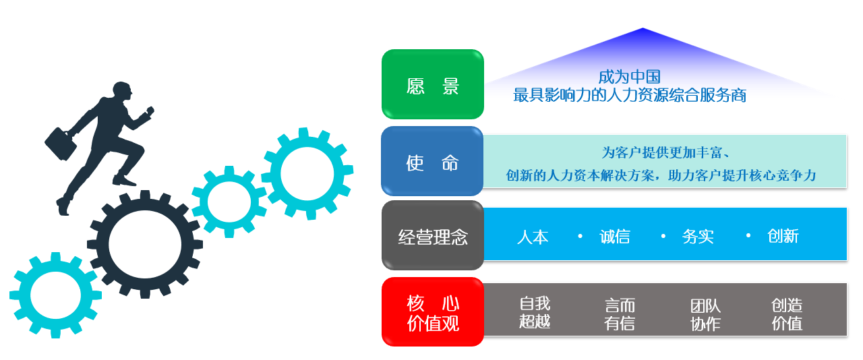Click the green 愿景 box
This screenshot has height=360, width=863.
coord(433,84)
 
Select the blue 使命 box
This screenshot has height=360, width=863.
coord(432,161)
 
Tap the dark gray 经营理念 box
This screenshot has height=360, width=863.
coord(433,236)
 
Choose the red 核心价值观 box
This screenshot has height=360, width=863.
coord(433,311)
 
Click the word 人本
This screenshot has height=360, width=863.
coord(533,237)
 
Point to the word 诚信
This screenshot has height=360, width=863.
coord(615,237)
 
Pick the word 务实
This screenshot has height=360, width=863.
coord(698,237)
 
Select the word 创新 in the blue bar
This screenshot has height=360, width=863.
coord(783,236)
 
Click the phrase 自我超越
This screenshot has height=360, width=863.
coord(535,312)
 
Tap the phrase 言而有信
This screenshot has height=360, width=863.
coord(620,314)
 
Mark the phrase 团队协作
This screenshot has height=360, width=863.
coord(705,315)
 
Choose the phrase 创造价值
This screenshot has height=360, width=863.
coord(787,314)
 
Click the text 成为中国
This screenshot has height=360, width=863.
coord(629,77)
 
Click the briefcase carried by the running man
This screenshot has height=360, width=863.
coord(61,144)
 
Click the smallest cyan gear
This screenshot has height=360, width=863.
coord(229,202)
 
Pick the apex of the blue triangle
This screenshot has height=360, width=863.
coord(643,29)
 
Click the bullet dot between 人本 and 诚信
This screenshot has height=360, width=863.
coord(580,237)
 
